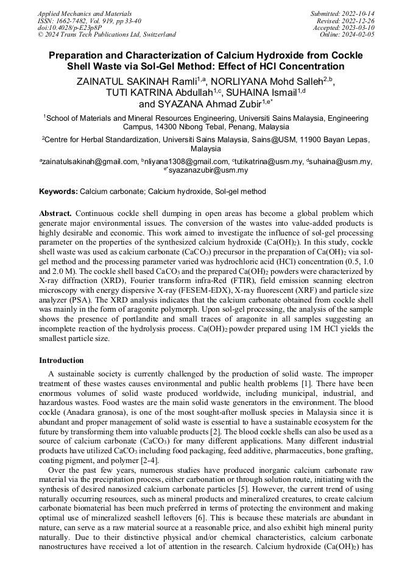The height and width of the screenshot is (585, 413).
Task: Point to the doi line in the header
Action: (x=70, y=27)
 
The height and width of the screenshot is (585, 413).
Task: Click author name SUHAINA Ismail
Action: (x=263, y=92)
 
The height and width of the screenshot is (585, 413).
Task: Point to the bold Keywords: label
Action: (x=58, y=191)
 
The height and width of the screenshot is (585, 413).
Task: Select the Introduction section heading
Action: (x=66, y=361)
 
